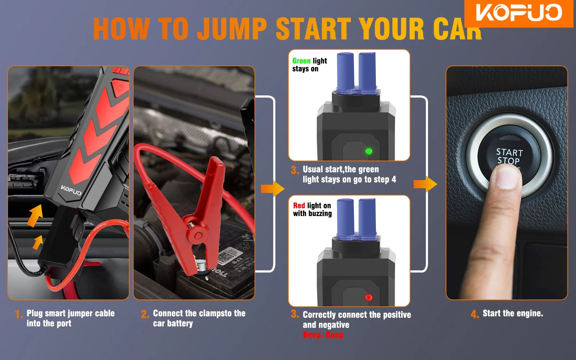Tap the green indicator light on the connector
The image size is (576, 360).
click(369, 151)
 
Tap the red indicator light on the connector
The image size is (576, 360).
click(369, 297)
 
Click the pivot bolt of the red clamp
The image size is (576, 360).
click(198, 235)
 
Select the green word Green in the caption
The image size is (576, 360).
click(301, 61)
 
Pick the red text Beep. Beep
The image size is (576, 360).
click(323, 335)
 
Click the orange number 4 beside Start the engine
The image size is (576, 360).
click(475, 314)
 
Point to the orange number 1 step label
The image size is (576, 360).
click(18, 314)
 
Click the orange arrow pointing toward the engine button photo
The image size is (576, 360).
click(425, 184)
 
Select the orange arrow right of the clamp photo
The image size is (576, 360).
click(273, 189)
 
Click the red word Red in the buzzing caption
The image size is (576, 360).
click(299, 206)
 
